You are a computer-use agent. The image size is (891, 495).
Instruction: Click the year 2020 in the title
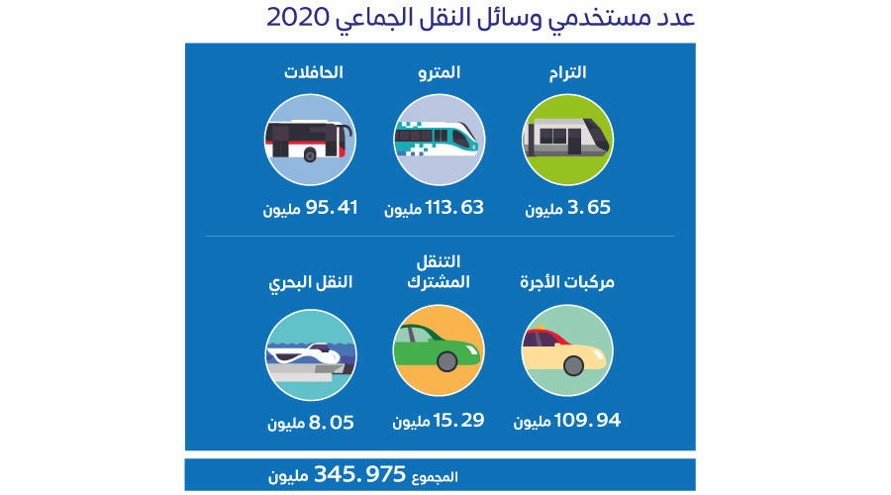click(x=298, y=17)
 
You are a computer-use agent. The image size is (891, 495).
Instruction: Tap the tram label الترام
click(x=567, y=72)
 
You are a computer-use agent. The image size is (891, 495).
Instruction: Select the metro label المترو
click(x=440, y=72)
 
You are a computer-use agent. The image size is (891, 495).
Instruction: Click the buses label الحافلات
click(x=313, y=72)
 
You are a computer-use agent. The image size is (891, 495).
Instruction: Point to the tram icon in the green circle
click(x=567, y=137)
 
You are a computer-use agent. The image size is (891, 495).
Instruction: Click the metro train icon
click(x=437, y=138)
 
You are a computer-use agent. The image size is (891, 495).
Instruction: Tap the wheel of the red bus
click(x=310, y=154)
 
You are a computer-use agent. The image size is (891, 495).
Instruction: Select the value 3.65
click(x=589, y=208)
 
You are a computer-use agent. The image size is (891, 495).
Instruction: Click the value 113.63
click(x=454, y=208)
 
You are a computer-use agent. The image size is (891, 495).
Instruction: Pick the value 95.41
click(x=332, y=208)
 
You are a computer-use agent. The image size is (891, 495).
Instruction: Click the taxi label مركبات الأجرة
click(x=567, y=282)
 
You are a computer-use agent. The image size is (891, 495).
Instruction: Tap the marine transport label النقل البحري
click(x=310, y=282)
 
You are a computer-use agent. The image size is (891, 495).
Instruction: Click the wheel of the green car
click(x=447, y=361)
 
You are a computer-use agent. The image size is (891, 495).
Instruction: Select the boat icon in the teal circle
click(x=310, y=359)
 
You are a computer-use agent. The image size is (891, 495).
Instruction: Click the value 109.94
click(x=587, y=421)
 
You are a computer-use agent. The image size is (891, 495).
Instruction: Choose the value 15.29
click(x=458, y=421)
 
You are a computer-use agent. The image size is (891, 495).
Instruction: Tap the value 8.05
click(x=332, y=423)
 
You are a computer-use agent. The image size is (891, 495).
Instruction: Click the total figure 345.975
click(x=359, y=474)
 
